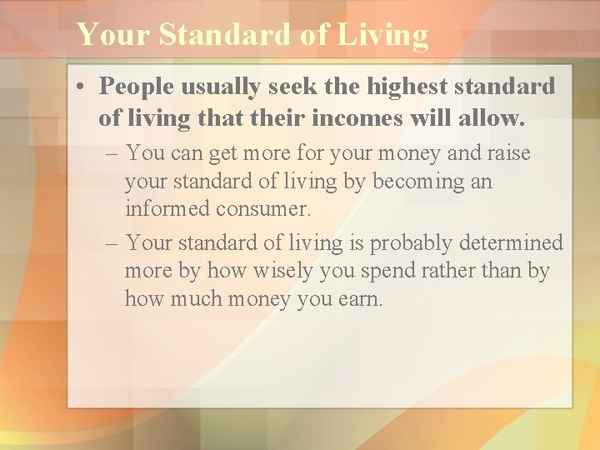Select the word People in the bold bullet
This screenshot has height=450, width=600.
coord(136,87)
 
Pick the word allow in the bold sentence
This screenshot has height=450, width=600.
coord(496,117)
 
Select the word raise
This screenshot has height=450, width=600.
coord(507,154)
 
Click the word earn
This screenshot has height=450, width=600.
coord(361,298)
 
